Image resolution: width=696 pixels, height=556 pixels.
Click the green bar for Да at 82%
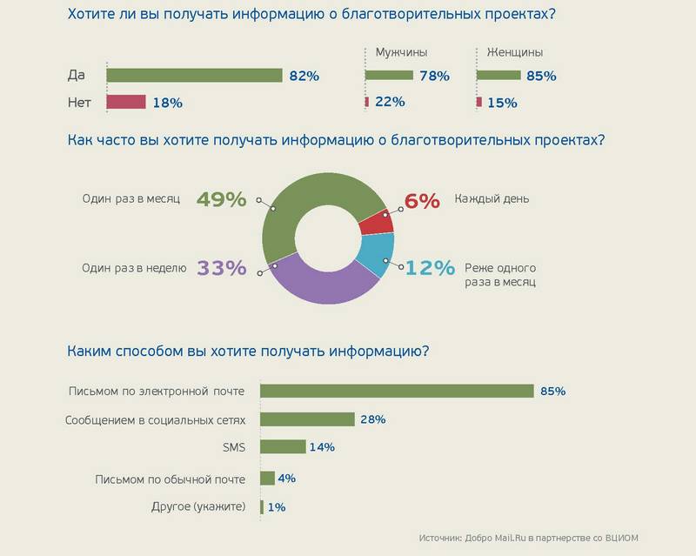point(194,76)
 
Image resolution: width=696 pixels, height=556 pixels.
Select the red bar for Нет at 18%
point(125,103)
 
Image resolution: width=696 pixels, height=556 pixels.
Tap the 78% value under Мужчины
point(434,76)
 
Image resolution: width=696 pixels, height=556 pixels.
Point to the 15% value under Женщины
point(503,103)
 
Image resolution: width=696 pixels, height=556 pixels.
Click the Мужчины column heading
point(401,52)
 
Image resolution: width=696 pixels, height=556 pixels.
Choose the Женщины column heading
point(510,52)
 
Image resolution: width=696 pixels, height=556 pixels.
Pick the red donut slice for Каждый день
point(375,222)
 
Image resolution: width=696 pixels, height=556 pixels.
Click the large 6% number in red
point(422,200)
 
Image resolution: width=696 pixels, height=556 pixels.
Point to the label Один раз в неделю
point(135,269)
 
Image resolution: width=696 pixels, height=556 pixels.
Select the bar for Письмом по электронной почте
point(397,391)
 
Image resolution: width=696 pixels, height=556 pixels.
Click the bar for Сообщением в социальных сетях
point(307,419)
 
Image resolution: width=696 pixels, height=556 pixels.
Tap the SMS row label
point(235,447)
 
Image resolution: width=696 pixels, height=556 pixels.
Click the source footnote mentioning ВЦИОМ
point(534,538)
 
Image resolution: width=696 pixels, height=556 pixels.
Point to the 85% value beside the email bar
point(552,391)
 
